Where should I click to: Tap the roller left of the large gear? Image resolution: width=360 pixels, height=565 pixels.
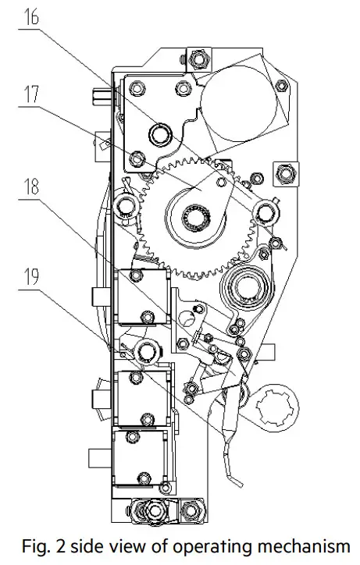pos(124,207)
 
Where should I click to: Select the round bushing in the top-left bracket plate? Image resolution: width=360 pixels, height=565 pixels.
pos(161,134)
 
